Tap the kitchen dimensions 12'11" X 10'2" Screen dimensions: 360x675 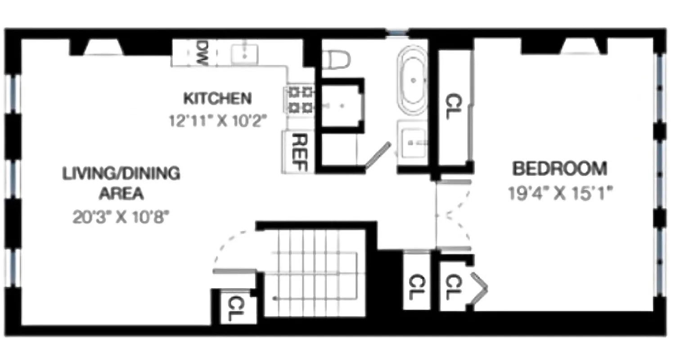[218, 121]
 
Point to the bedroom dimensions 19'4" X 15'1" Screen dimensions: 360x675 [561, 194]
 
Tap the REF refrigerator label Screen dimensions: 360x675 [299, 153]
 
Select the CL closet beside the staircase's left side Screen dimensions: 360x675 [234, 308]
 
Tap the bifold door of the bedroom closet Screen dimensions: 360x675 [479, 288]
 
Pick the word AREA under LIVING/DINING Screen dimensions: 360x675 [121, 194]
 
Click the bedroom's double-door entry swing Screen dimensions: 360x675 [454, 215]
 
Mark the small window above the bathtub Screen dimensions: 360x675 [397, 32]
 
